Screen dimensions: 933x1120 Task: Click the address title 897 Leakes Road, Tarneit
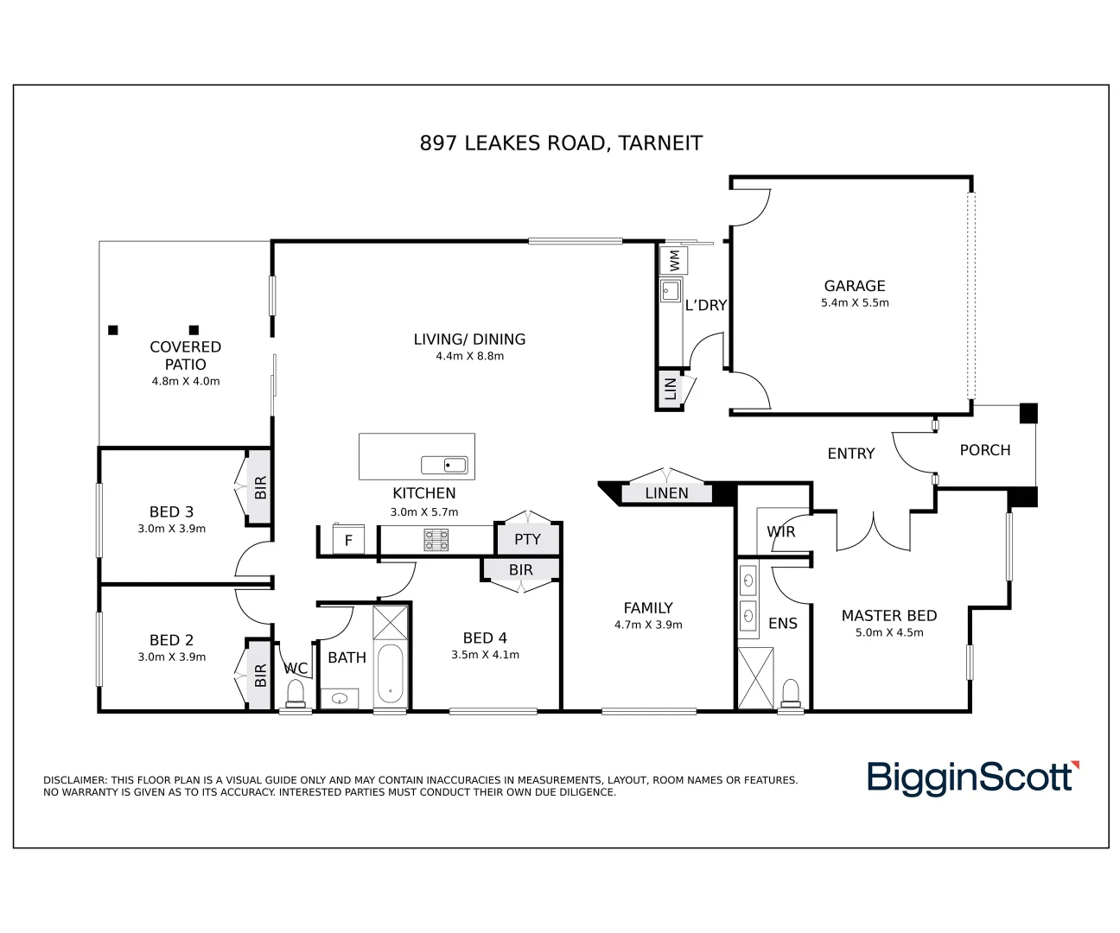click(561, 143)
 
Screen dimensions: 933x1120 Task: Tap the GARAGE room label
click(854, 286)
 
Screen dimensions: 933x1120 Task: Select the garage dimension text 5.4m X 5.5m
click(854, 303)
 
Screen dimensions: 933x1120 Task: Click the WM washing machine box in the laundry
click(673, 259)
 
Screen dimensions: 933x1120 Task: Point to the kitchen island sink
click(444, 466)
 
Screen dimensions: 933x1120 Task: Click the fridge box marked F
click(348, 541)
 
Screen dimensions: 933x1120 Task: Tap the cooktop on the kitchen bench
click(436, 540)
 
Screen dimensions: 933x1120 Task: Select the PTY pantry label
click(527, 539)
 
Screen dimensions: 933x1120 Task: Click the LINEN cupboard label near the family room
click(666, 493)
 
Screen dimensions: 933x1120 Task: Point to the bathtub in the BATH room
click(391, 675)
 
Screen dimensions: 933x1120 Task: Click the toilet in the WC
click(296, 694)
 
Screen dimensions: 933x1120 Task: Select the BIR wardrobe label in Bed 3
click(260, 488)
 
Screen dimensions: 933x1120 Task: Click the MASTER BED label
click(888, 616)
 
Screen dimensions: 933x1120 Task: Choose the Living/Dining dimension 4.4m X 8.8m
click(469, 356)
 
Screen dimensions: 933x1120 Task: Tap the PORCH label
click(984, 450)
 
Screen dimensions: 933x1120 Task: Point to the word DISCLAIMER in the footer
click(74, 780)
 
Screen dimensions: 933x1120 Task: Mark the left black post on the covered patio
click(112, 330)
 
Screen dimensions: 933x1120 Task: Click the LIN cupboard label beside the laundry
click(670, 390)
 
